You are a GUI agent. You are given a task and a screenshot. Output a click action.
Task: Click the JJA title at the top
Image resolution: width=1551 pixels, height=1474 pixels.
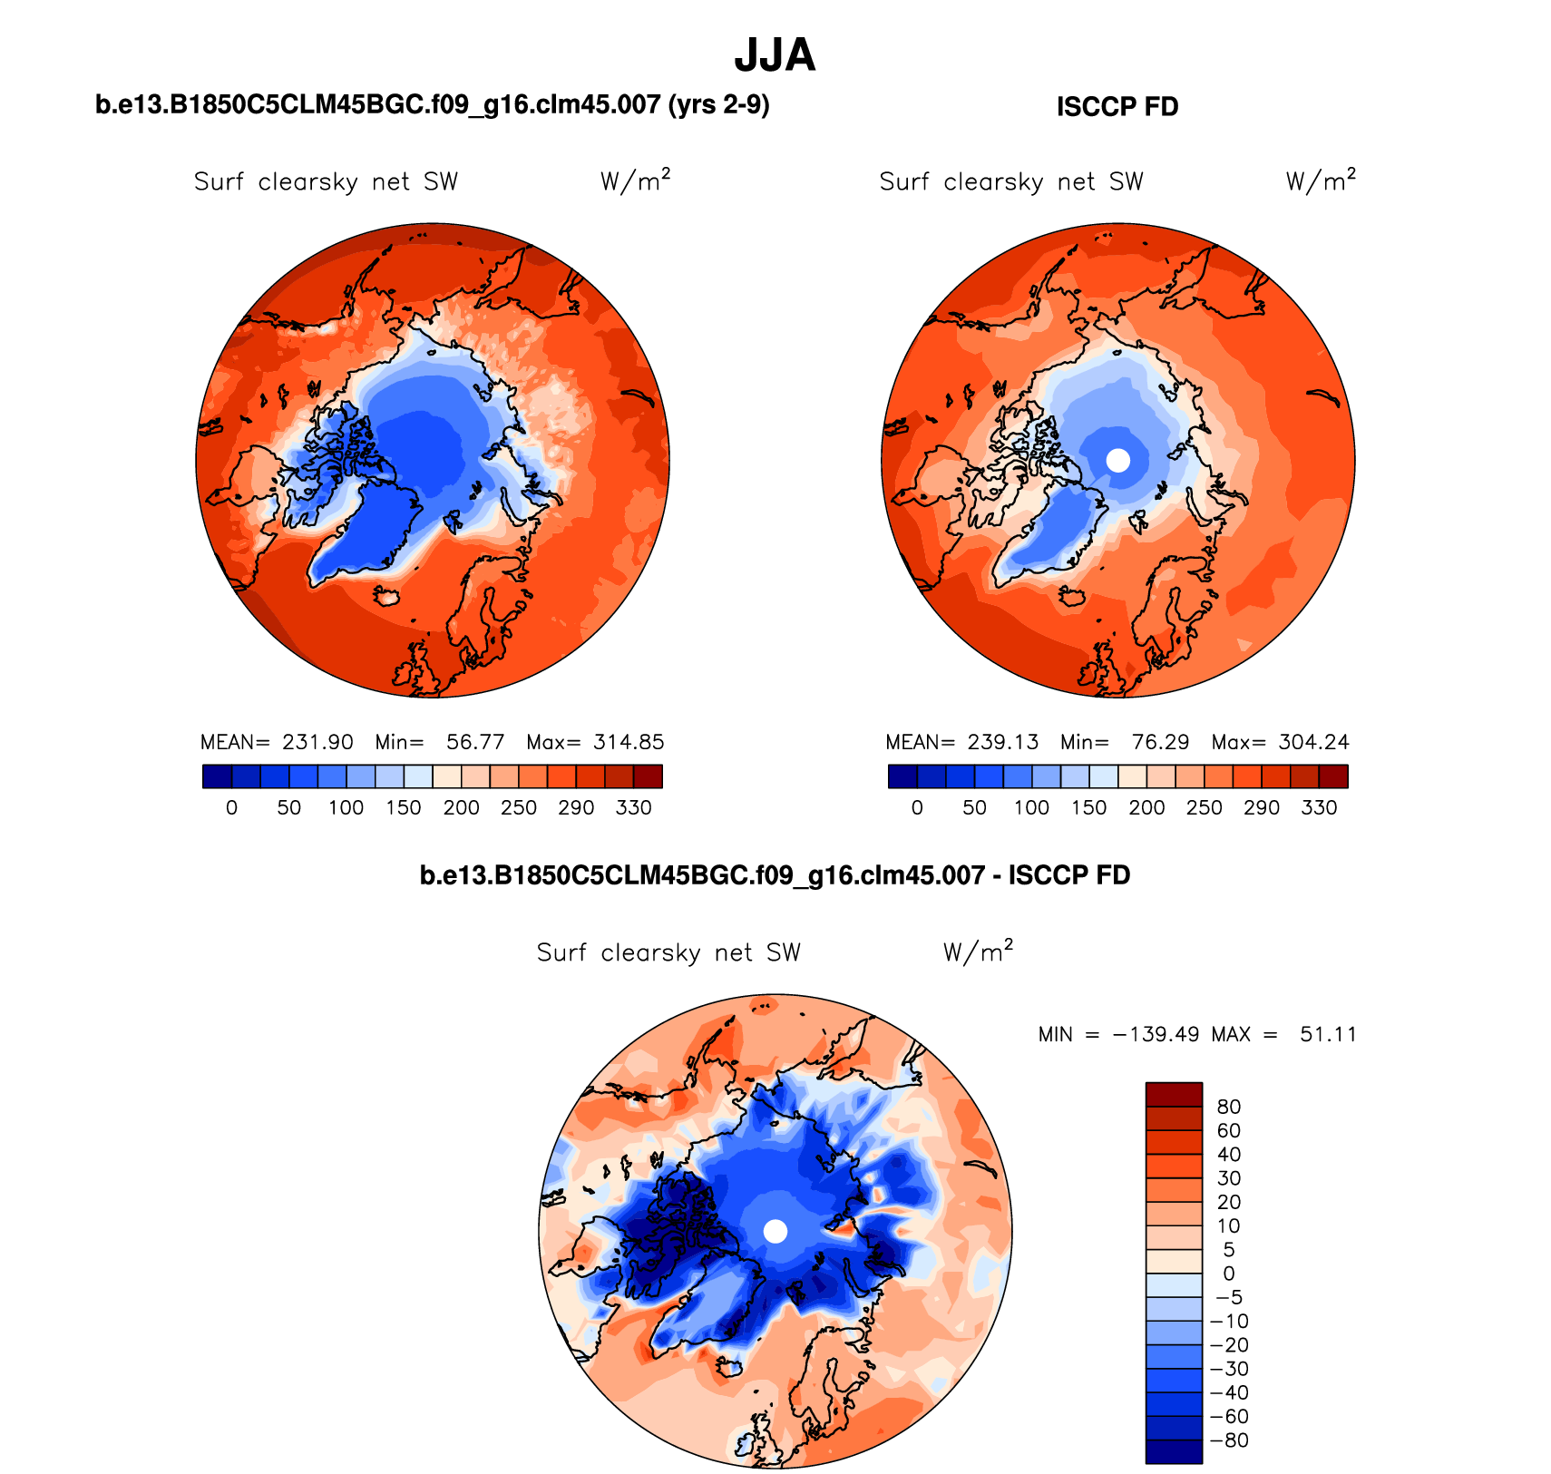tap(775, 55)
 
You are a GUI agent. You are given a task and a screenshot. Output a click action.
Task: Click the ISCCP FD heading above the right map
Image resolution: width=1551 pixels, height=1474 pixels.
tap(1117, 107)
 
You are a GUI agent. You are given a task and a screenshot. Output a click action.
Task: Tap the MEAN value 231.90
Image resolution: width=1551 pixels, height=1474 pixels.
tap(317, 742)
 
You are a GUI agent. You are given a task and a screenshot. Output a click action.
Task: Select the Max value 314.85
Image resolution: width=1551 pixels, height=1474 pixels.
tap(629, 742)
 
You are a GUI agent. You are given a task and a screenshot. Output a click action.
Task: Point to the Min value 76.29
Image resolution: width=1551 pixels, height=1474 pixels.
tap(1160, 742)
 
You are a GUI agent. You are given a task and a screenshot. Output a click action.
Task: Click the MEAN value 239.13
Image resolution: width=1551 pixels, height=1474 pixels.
tap(1002, 742)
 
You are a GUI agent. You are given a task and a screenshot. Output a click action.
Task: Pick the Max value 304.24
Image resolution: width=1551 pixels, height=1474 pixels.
tap(1313, 742)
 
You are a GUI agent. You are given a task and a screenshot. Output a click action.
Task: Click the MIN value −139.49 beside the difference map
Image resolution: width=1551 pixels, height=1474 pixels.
tap(1156, 1034)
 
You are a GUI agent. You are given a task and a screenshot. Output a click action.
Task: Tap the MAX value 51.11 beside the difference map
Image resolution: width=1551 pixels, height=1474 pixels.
tap(1328, 1034)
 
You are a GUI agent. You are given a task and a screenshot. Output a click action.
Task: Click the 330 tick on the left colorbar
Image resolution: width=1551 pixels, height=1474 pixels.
tap(633, 807)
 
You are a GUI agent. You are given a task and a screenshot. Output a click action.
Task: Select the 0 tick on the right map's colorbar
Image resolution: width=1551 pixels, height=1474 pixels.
tap(917, 807)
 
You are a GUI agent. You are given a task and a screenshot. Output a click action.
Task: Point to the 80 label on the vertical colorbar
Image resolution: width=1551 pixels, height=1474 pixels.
tap(1229, 1107)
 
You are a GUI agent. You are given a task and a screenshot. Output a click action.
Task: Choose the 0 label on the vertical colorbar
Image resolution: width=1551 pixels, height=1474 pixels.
tap(1229, 1274)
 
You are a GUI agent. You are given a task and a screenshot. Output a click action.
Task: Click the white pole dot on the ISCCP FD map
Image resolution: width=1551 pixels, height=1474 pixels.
tap(1118, 460)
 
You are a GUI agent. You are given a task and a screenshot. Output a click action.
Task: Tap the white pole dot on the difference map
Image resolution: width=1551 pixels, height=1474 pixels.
tap(775, 1231)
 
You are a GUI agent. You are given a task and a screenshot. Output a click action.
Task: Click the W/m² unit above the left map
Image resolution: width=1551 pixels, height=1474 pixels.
tap(635, 181)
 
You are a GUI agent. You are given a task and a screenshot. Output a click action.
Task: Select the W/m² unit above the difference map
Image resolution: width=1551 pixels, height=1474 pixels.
tap(978, 952)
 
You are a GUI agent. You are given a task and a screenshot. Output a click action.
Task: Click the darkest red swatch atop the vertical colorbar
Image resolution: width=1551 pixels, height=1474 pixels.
tap(1174, 1094)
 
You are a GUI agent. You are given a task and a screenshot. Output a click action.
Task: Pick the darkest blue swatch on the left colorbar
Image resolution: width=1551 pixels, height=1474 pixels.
tap(217, 776)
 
